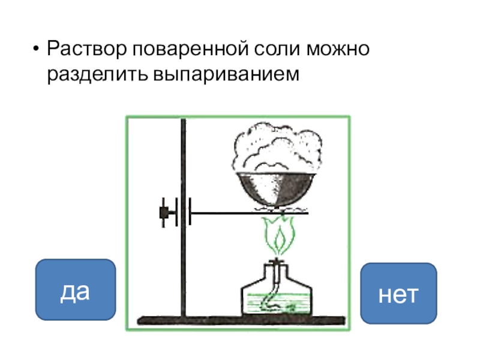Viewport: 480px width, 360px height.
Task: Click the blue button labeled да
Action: [75, 290]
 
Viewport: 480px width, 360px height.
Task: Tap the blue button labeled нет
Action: [398, 293]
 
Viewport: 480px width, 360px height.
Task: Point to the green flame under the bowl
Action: [278, 238]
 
